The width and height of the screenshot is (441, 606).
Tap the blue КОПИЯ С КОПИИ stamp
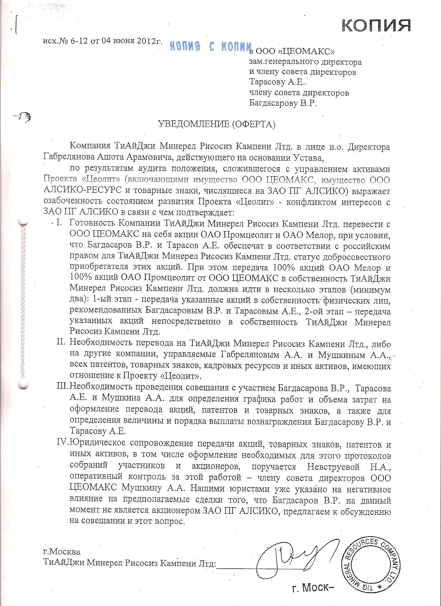pyautogui.click(x=211, y=47)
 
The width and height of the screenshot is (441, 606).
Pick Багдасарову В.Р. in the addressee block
pyautogui.click(x=283, y=103)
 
